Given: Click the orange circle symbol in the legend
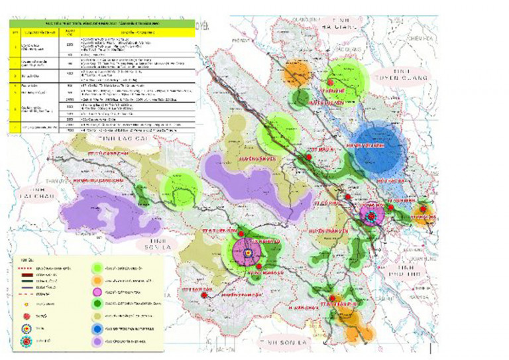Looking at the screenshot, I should click(x=97, y=279).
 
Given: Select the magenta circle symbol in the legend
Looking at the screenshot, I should click(x=97, y=292).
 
